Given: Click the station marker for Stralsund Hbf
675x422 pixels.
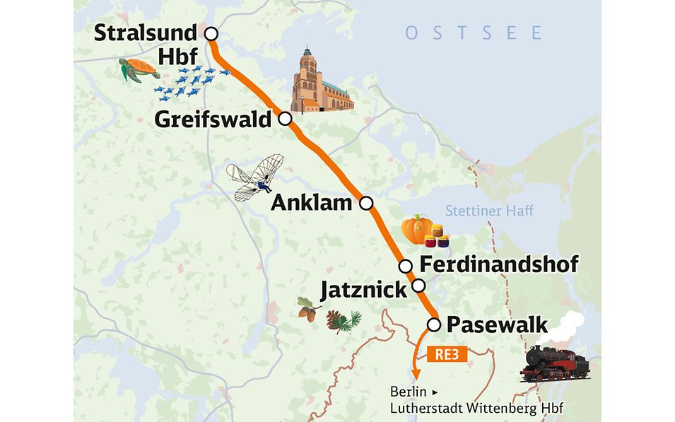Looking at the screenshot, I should click(211, 33).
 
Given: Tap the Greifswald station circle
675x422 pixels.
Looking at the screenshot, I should click(285, 119).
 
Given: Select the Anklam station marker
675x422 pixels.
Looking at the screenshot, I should click(366, 204).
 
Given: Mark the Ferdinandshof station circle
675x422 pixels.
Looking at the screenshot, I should click(406, 266).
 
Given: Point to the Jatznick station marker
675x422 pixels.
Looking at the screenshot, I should click(419, 286).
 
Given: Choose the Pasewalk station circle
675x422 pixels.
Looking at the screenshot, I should click(435, 324).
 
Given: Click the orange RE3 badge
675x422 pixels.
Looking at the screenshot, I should click(448, 355).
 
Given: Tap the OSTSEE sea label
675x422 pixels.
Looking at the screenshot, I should click(474, 33).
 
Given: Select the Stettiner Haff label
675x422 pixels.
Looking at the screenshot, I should click(489, 211).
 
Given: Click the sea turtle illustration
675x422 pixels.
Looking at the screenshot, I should click(139, 70).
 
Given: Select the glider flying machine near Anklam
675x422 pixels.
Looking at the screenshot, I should click(256, 177).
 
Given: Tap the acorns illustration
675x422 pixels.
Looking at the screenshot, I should click(308, 309).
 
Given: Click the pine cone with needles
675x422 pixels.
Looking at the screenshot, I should click(342, 320).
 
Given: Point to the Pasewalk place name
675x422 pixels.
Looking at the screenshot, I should click(498, 325).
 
